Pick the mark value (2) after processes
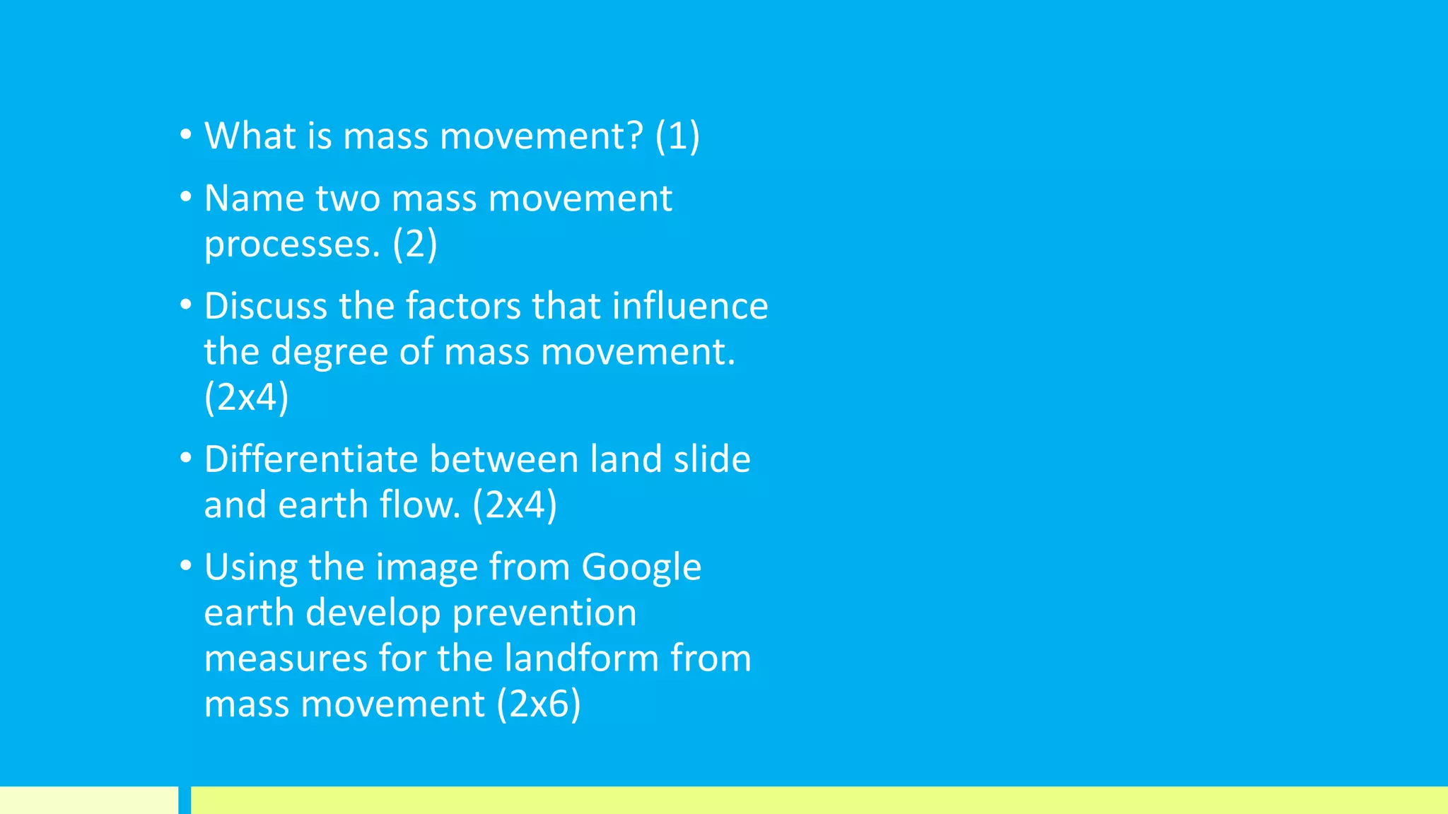click(x=415, y=244)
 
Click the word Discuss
click(x=265, y=306)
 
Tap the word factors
click(x=463, y=306)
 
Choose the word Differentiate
click(x=311, y=459)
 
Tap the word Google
click(x=641, y=567)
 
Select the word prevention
click(x=544, y=613)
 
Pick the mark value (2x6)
click(x=538, y=704)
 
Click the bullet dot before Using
click(x=185, y=565)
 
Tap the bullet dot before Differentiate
click(x=185, y=458)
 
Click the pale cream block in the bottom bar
click(x=88, y=800)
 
